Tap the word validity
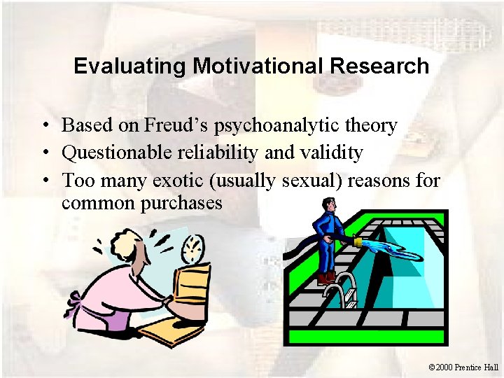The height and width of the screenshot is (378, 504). [333, 153]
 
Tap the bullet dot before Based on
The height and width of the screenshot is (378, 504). [43, 126]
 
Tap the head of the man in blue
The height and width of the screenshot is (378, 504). [328, 205]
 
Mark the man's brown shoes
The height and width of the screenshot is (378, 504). [325, 278]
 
